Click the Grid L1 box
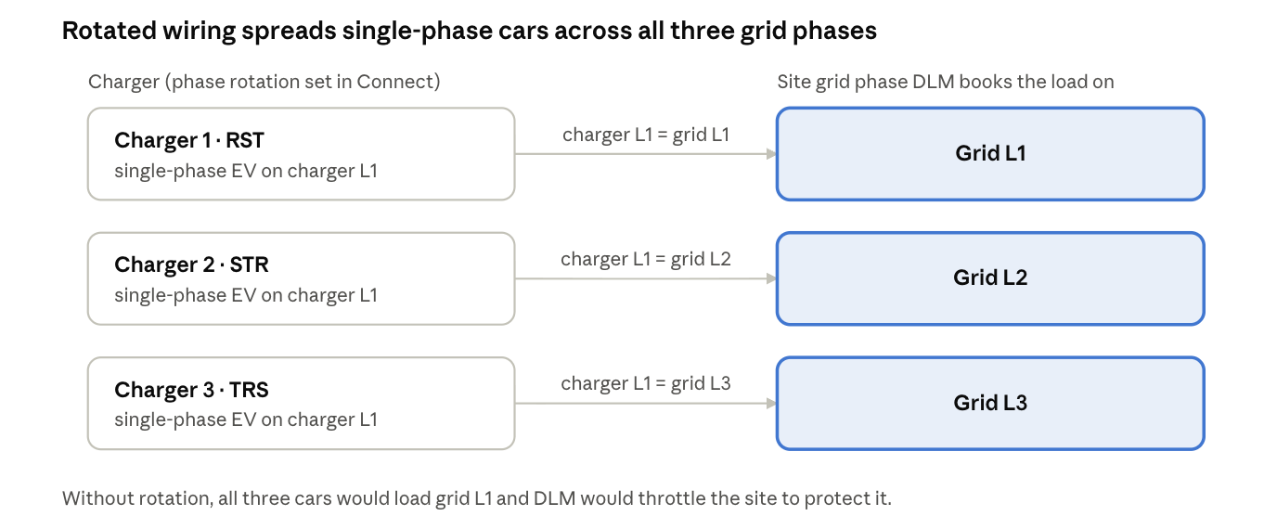click(990, 154)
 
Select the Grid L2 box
click(990, 278)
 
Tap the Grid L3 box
click(990, 404)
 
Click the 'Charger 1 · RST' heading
click(189, 140)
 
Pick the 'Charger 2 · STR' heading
click(191, 265)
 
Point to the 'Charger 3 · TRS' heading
click(191, 390)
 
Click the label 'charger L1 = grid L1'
click(646, 135)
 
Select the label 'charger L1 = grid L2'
click(646, 259)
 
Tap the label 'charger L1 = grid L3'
click(646, 383)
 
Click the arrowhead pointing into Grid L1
click(771, 154)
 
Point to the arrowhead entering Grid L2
click(771, 278)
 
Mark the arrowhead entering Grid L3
click(771, 404)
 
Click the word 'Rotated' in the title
click(109, 31)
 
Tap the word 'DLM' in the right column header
click(934, 82)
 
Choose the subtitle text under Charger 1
click(246, 171)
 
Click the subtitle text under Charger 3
click(246, 420)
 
